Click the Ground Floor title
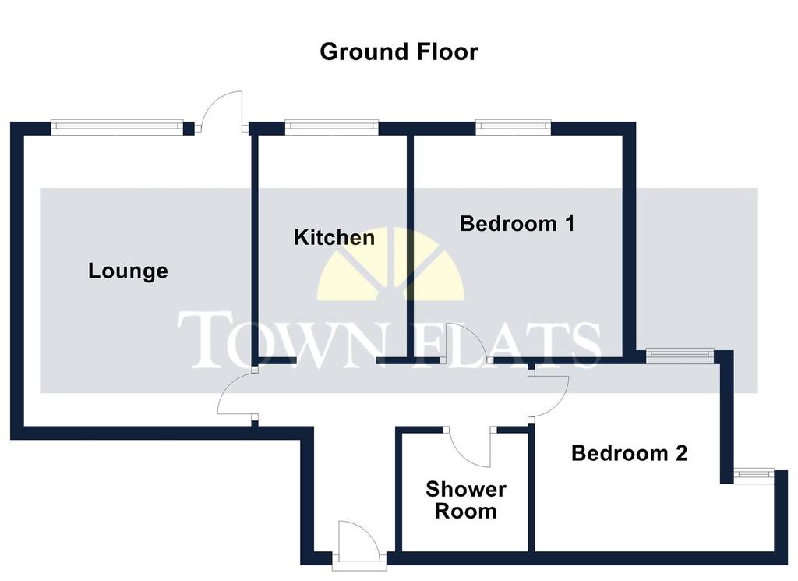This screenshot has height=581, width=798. pyautogui.click(x=399, y=52)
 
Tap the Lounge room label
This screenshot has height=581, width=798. pyautogui.click(x=129, y=271)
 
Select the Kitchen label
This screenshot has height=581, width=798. pyautogui.click(x=334, y=237)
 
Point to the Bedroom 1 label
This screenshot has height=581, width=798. pyautogui.click(x=517, y=224)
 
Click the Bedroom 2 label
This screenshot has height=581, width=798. pyautogui.click(x=629, y=452)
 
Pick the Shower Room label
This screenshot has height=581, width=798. pyautogui.click(x=466, y=500)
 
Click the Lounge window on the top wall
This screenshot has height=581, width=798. pyautogui.click(x=117, y=127)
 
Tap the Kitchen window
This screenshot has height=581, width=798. pyautogui.click(x=332, y=127)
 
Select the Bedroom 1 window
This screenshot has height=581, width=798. pyautogui.click(x=514, y=127)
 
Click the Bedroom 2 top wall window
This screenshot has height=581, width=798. pyautogui.click(x=680, y=356)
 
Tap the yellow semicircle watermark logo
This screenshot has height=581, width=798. pyautogui.click(x=391, y=264)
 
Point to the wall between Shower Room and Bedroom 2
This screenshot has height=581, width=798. pyautogui.click(x=531, y=489)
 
